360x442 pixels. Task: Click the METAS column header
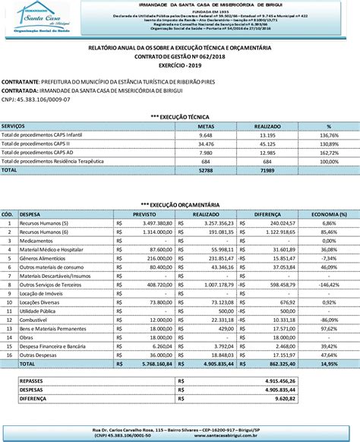(x=205, y=126)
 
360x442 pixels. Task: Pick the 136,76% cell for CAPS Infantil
(x=328, y=134)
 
